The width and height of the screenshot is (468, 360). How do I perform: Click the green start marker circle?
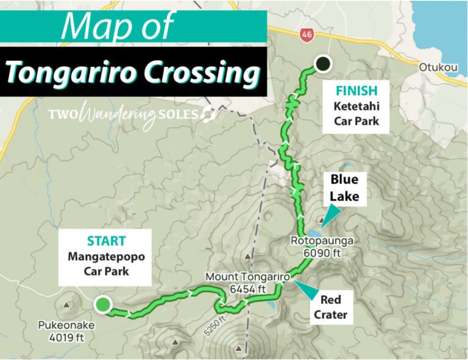tap(104, 304)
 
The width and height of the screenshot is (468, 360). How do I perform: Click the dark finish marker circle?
tap(322, 63)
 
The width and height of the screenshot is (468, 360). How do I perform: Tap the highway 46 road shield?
tap(306, 35)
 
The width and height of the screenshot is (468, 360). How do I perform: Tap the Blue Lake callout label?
tap(344, 188)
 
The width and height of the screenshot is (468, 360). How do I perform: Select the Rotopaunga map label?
tap(321, 241)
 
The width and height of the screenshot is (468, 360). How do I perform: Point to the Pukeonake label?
tap(66, 325)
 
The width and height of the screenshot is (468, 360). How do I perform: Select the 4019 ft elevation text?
tap(66, 336)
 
